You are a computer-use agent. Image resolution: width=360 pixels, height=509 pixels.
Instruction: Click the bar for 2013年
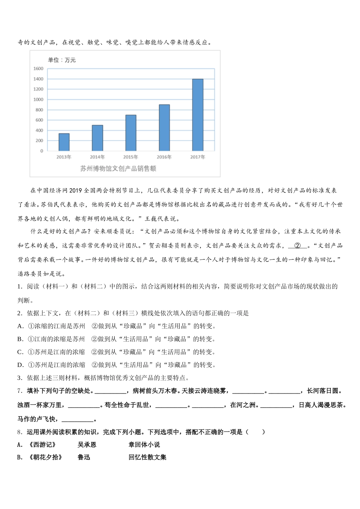coord(64,142)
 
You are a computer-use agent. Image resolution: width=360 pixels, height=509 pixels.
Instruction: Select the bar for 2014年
coord(97,138)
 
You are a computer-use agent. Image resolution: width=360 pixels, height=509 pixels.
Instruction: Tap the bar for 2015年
coord(131,133)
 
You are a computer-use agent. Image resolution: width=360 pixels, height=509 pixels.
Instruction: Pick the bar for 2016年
coord(164,128)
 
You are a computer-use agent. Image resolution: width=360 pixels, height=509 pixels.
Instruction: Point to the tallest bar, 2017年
coord(198,115)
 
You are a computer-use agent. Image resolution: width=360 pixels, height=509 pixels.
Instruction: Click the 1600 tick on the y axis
coord(38,69)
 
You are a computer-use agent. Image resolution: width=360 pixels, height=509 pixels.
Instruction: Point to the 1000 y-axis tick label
coord(38,100)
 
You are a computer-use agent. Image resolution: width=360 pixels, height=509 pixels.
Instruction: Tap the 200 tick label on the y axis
coord(39,141)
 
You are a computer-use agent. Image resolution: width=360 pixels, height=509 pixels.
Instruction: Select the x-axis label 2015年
coord(131,157)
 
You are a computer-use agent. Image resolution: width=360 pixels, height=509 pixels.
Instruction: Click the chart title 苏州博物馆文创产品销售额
coord(118,169)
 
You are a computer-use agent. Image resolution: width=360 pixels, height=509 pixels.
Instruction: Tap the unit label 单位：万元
coord(62,60)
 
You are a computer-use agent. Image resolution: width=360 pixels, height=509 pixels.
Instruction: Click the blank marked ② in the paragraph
coord(297,245)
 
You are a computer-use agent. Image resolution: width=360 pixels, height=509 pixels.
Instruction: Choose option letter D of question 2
coord(20,365)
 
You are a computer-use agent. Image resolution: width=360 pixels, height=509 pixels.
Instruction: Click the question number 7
coord(20,390)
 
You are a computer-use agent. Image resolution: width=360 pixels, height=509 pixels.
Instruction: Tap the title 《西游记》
coord(42,445)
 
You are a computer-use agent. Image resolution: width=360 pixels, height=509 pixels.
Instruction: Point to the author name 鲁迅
coord(84,457)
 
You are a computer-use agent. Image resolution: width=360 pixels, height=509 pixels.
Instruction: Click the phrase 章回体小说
coord(144,445)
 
